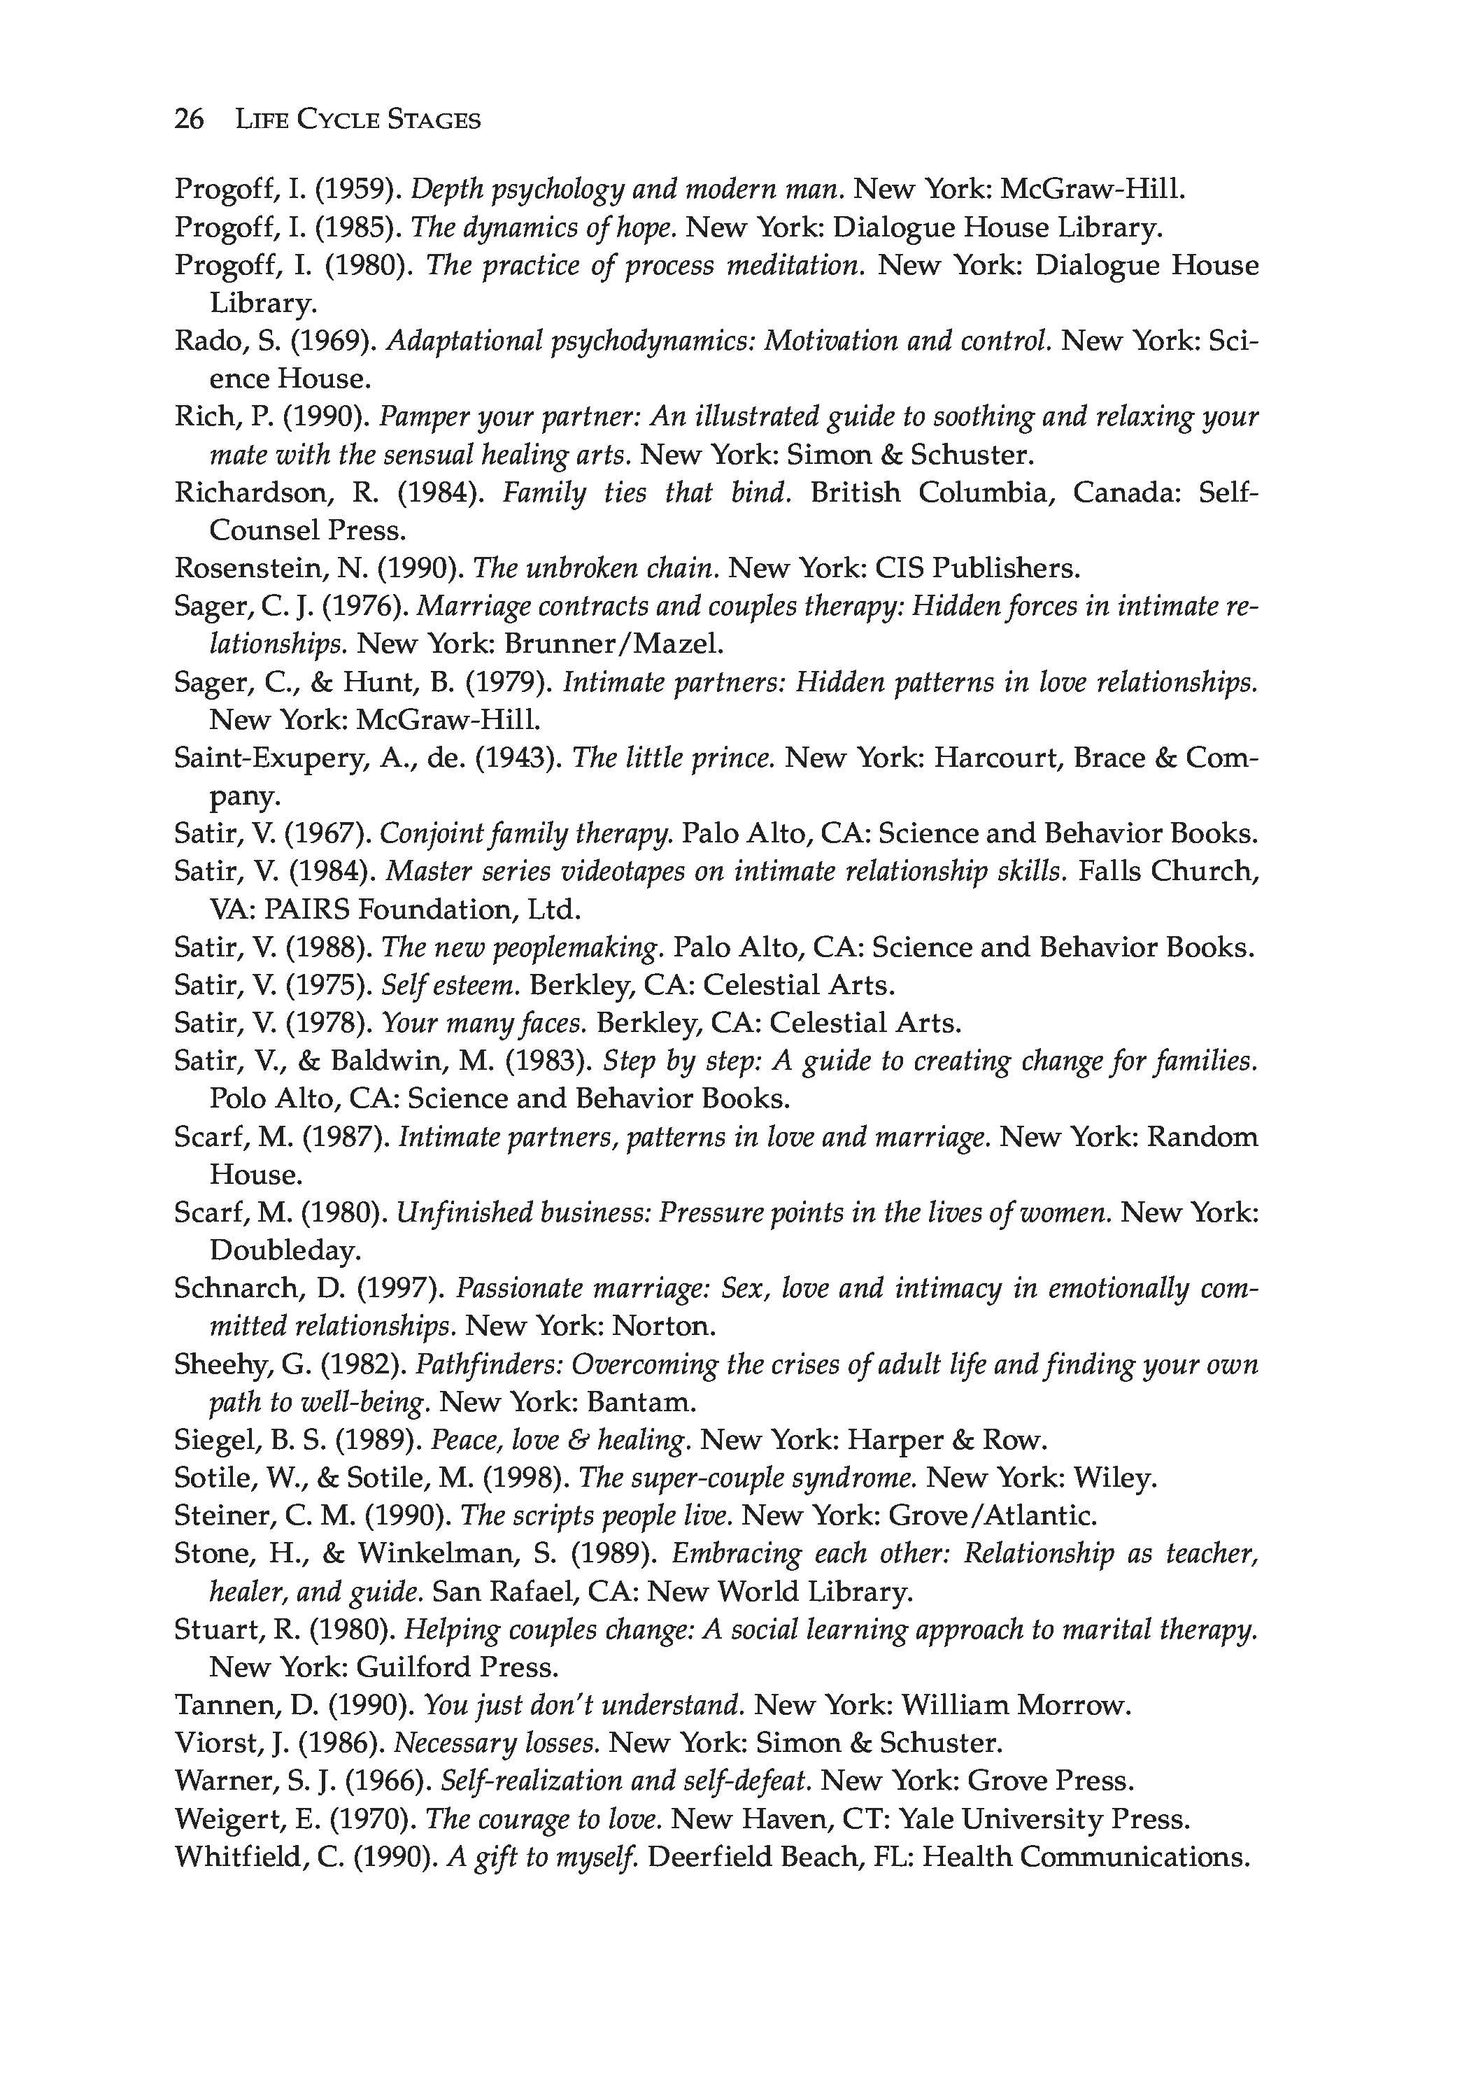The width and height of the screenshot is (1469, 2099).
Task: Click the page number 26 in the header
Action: pos(190,120)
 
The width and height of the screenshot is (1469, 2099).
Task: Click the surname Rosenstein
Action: pos(247,569)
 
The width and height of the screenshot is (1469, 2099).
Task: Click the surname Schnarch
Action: pos(235,1288)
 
